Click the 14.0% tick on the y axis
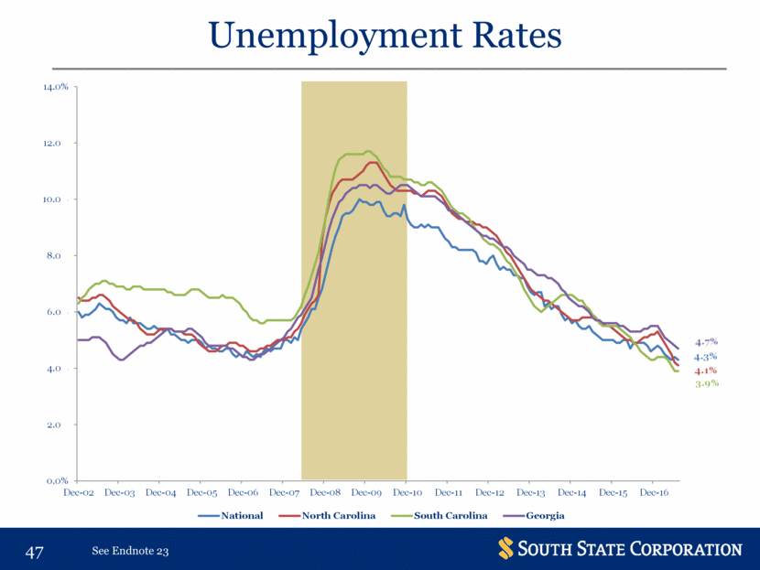click(57, 88)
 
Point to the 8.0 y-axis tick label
click(61, 256)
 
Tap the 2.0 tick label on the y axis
click(61, 425)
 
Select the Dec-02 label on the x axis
click(78, 493)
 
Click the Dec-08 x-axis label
click(324, 493)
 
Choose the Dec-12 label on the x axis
click(488, 493)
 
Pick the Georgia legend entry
click(545, 516)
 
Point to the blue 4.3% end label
click(705, 357)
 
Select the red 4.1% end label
click(705, 371)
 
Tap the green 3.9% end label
click(705, 383)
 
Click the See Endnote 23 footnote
click(131, 552)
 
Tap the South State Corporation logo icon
click(506, 549)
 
